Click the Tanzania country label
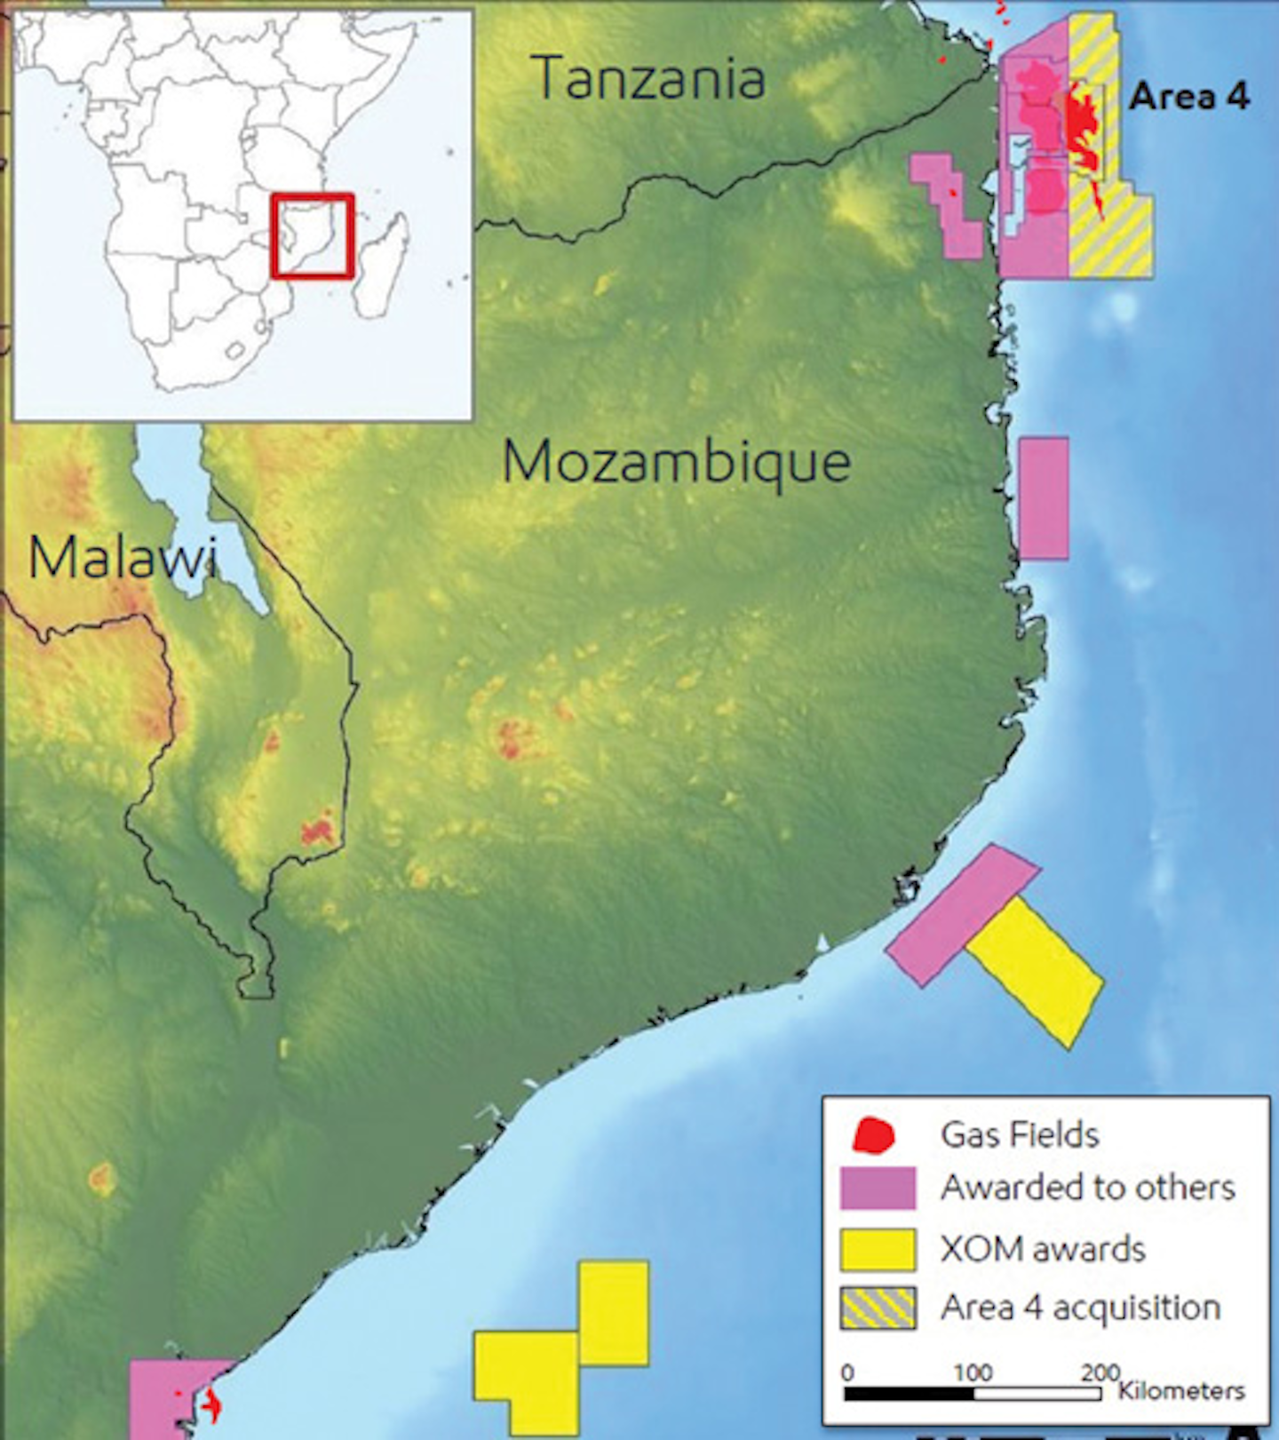tap(650, 78)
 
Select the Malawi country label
tap(122, 558)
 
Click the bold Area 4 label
tap(1189, 96)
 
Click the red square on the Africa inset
tap(313, 235)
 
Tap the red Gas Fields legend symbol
tap(873, 1135)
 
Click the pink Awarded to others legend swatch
tap(878, 1189)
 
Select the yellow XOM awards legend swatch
tap(878, 1250)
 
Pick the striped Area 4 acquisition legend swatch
tap(878, 1309)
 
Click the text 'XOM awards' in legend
tap(1043, 1249)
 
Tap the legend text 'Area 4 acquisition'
tap(1081, 1308)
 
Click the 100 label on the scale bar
tap(973, 1372)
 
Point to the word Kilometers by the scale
tap(1181, 1390)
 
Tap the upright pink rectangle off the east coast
tap(1043, 498)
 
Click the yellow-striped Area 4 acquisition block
tap(1110, 231)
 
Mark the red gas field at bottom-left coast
tap(211, 1406)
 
